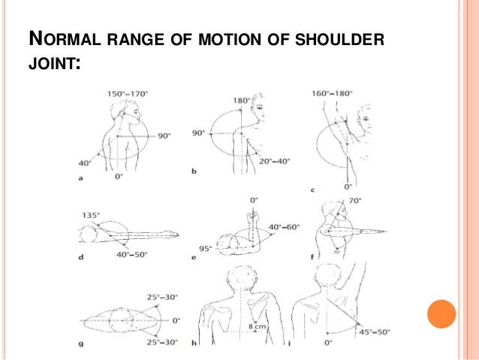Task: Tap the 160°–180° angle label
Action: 332,93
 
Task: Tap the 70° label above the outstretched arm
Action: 356,201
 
